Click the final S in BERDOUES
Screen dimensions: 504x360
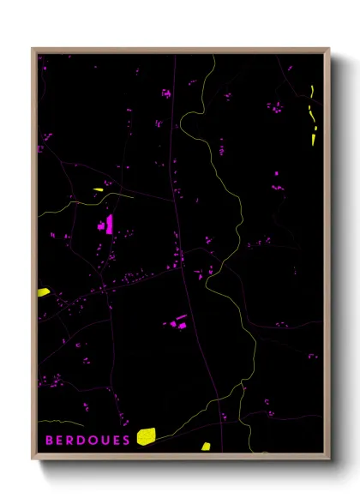coord(126,440)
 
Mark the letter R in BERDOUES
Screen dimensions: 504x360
coord(69,440)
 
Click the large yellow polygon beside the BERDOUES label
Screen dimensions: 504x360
coord(146,437)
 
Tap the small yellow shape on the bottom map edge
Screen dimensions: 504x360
coord(206,446)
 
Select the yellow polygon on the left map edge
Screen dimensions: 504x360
coord(43,292)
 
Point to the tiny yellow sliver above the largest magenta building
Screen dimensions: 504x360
coord(98,189)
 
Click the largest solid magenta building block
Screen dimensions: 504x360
coord(110,225)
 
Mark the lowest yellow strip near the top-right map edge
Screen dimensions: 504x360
coord(314,135)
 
